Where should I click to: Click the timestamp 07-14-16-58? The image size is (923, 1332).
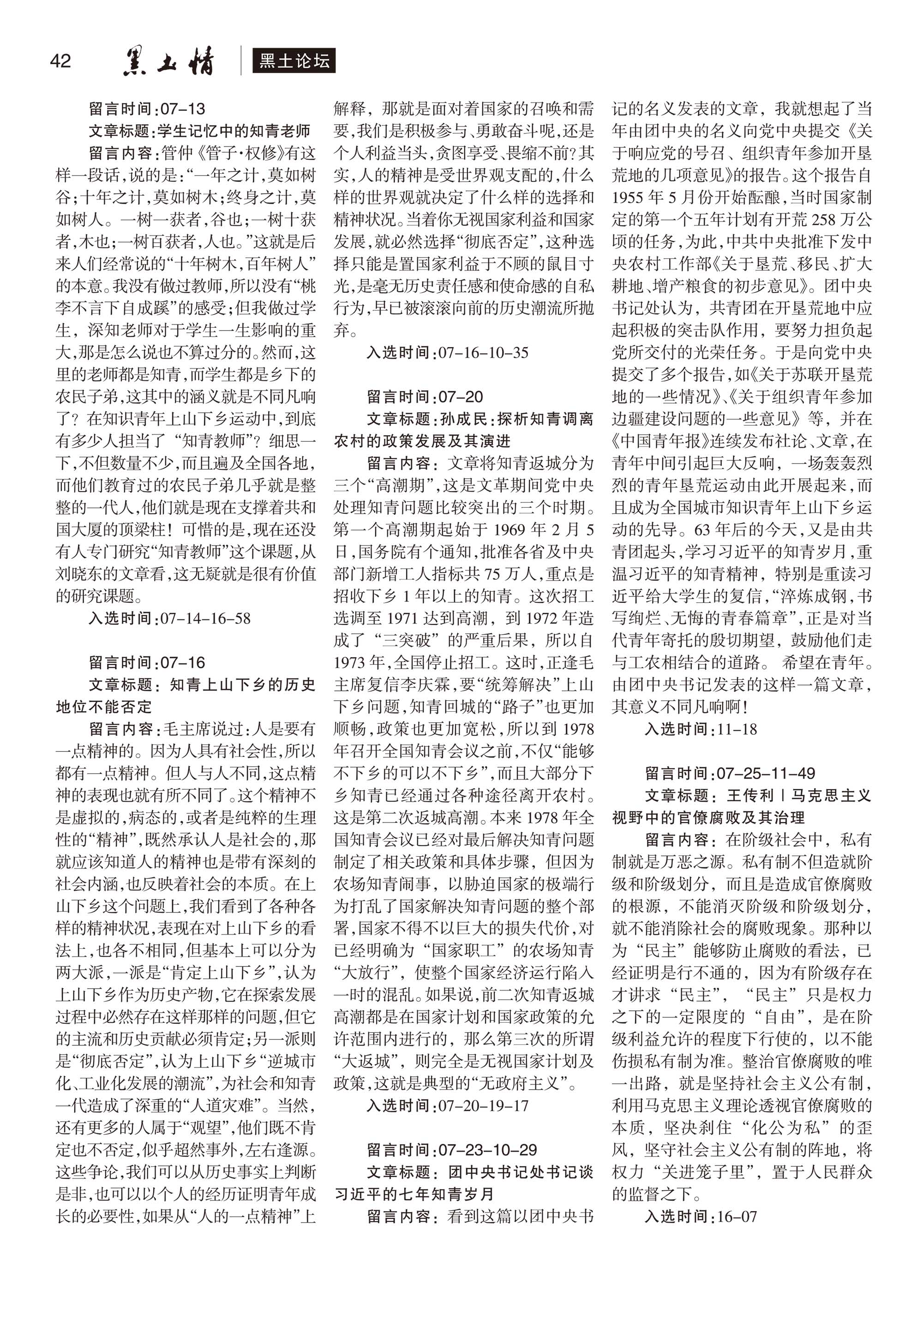click(205, 618)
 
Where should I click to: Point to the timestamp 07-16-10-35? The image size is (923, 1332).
click(483, 352)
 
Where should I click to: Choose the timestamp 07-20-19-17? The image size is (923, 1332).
click(483, 1105)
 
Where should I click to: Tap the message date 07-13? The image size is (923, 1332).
click(183, 109)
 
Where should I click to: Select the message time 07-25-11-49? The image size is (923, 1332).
click(766, 773)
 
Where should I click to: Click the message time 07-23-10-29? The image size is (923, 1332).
click(487, 1150)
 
